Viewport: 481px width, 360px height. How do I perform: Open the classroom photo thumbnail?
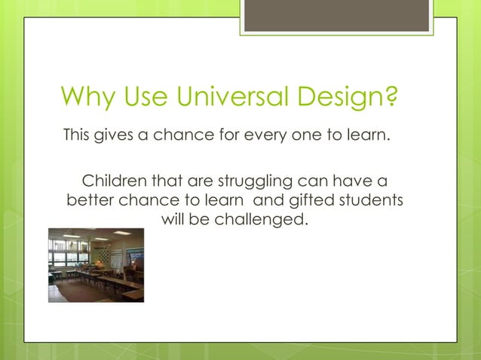click(96, 265)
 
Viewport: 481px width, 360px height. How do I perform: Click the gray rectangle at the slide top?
click(336, 15)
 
